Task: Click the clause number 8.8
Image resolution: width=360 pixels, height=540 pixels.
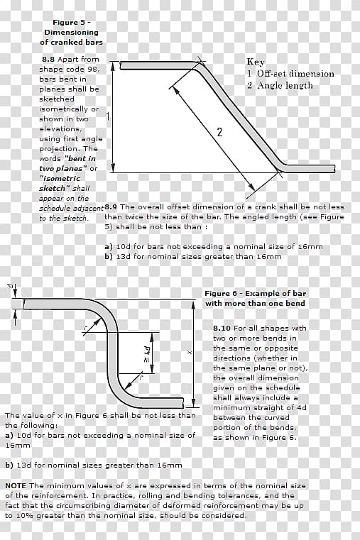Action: (x=48, y=59)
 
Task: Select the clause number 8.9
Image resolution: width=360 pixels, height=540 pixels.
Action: (x=111, y=207)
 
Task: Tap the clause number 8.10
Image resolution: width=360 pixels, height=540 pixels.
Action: (x=222, y=329)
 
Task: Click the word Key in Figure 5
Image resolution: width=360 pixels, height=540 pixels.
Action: (x=256, y=62)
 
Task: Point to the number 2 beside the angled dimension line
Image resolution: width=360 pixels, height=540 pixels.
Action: (x=219, y=132)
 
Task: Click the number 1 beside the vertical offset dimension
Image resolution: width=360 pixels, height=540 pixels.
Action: (x=108, y=117)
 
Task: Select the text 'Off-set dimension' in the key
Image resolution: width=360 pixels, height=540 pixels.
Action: (x=295, y=74)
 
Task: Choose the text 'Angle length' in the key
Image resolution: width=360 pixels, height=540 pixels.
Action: (x=285, y=85)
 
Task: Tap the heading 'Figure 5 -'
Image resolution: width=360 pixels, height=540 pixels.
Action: (x=72, y=23)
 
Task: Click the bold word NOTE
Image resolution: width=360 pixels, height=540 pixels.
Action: (x=16, y=485)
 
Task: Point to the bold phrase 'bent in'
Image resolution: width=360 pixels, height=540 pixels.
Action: (x=82, y=159)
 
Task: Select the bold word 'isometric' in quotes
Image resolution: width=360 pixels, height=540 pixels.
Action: (x=60, y=178)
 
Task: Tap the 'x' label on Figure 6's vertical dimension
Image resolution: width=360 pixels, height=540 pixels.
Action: (x=188, y=352)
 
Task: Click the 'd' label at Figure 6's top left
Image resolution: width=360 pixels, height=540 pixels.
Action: (x=11, y=285)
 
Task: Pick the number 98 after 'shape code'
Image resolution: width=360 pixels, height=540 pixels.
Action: (x=93, y=70)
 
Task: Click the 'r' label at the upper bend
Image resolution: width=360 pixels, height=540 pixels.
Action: (x=86, y=328)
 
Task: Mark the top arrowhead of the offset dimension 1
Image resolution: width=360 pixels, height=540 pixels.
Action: (x=112, y=67)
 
